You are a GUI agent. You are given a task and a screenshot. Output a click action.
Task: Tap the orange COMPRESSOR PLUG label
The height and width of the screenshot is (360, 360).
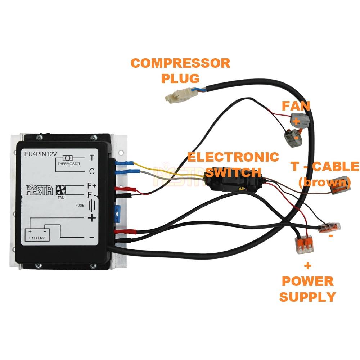tap(180, 70)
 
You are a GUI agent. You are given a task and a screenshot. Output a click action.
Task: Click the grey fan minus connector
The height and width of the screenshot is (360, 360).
tap(292, 138)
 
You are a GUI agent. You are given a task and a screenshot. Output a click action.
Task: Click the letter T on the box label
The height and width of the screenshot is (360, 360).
tap(92, 158)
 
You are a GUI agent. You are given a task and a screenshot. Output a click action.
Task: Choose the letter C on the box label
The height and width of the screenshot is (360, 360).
tap(92, 172)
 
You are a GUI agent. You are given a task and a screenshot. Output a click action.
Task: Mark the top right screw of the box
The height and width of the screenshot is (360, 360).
tap(94, 137)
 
